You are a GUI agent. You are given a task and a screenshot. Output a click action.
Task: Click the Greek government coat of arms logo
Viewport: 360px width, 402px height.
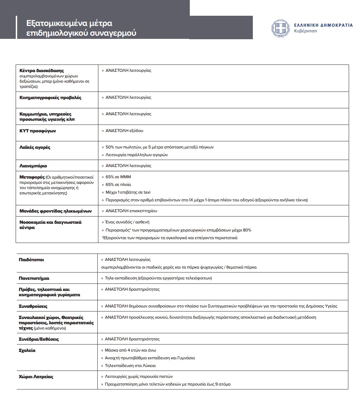click(x=280, y=28)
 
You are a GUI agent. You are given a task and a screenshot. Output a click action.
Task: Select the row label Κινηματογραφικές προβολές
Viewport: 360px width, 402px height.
click(x=50, y=98)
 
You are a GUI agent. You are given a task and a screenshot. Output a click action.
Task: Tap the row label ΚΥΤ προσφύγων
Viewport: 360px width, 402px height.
click(x=38, y=131)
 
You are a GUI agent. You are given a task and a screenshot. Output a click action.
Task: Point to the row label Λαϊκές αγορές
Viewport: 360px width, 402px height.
click(x=35, y=147)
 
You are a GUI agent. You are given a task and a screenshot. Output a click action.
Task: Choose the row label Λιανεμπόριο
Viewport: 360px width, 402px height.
click(x=33, y=166)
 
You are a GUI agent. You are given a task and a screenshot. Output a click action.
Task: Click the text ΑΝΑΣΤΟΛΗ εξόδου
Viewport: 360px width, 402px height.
click(x=124, y=131)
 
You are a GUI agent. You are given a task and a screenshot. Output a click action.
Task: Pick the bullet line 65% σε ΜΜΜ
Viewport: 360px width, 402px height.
click(x=118, y=177)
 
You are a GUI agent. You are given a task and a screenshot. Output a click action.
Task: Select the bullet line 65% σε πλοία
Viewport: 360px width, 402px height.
click(x=118, y=185)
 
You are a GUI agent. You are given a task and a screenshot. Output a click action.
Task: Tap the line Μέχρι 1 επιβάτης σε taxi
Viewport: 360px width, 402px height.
click(x=128, y=192)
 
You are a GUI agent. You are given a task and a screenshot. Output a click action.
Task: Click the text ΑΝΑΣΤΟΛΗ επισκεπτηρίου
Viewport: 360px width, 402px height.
click(x=131, y=211)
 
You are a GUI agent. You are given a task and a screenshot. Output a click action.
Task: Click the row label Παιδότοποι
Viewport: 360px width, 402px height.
click(x=31, y=260)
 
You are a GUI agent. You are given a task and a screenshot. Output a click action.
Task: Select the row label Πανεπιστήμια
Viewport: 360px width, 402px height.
click(x=34, y=278)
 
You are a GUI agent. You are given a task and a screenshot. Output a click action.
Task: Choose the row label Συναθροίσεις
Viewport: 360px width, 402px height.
click(x=33, y=306)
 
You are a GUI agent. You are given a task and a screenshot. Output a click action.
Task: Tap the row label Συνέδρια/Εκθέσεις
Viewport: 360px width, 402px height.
click(x=39, y=339)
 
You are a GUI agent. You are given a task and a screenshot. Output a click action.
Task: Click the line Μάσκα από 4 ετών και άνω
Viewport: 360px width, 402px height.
click(x=130, y=350)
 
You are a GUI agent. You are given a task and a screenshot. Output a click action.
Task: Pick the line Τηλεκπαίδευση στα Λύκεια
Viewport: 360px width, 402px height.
click(x=130, y=366)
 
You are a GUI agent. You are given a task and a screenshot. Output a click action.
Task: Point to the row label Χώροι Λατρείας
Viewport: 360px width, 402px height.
click(x=36, y=377)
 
